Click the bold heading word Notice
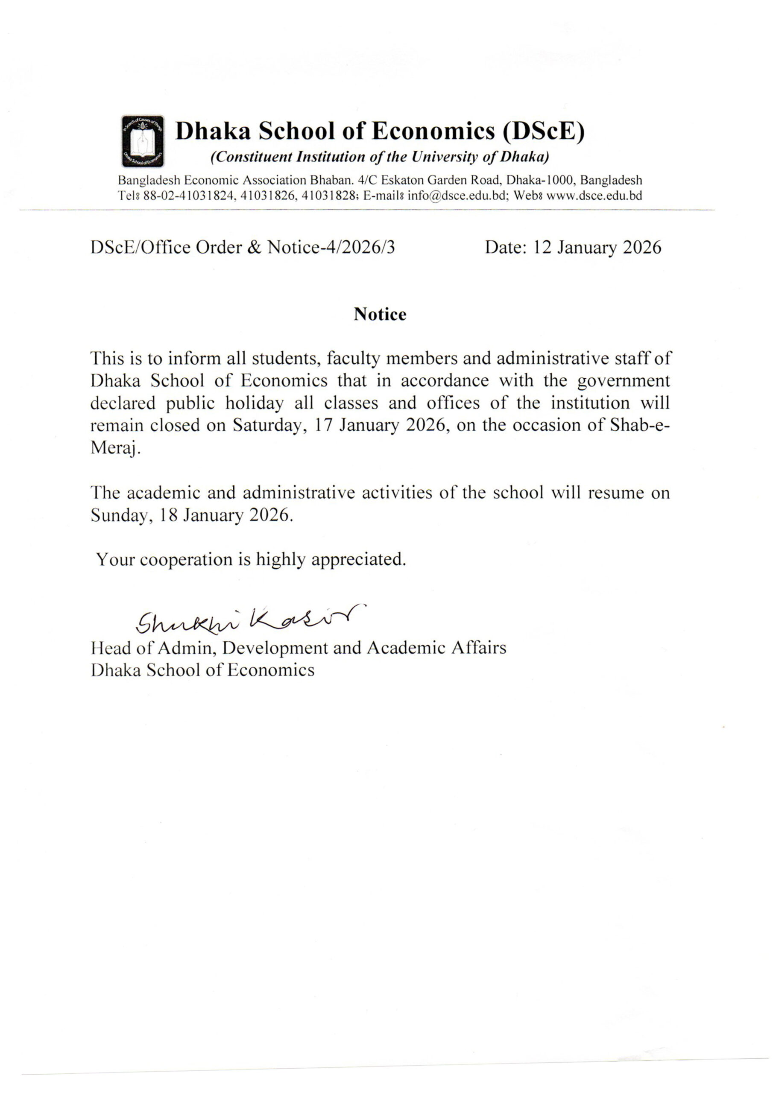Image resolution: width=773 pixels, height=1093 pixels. [x=380, y=315]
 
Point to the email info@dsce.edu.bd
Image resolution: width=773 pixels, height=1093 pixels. [x=456, y=196]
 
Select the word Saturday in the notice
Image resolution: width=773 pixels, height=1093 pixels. [x=267, y=425]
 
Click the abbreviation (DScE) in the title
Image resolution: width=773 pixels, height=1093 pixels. [x=543, y=132]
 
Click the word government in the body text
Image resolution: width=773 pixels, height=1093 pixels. [x=624, y=381]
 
